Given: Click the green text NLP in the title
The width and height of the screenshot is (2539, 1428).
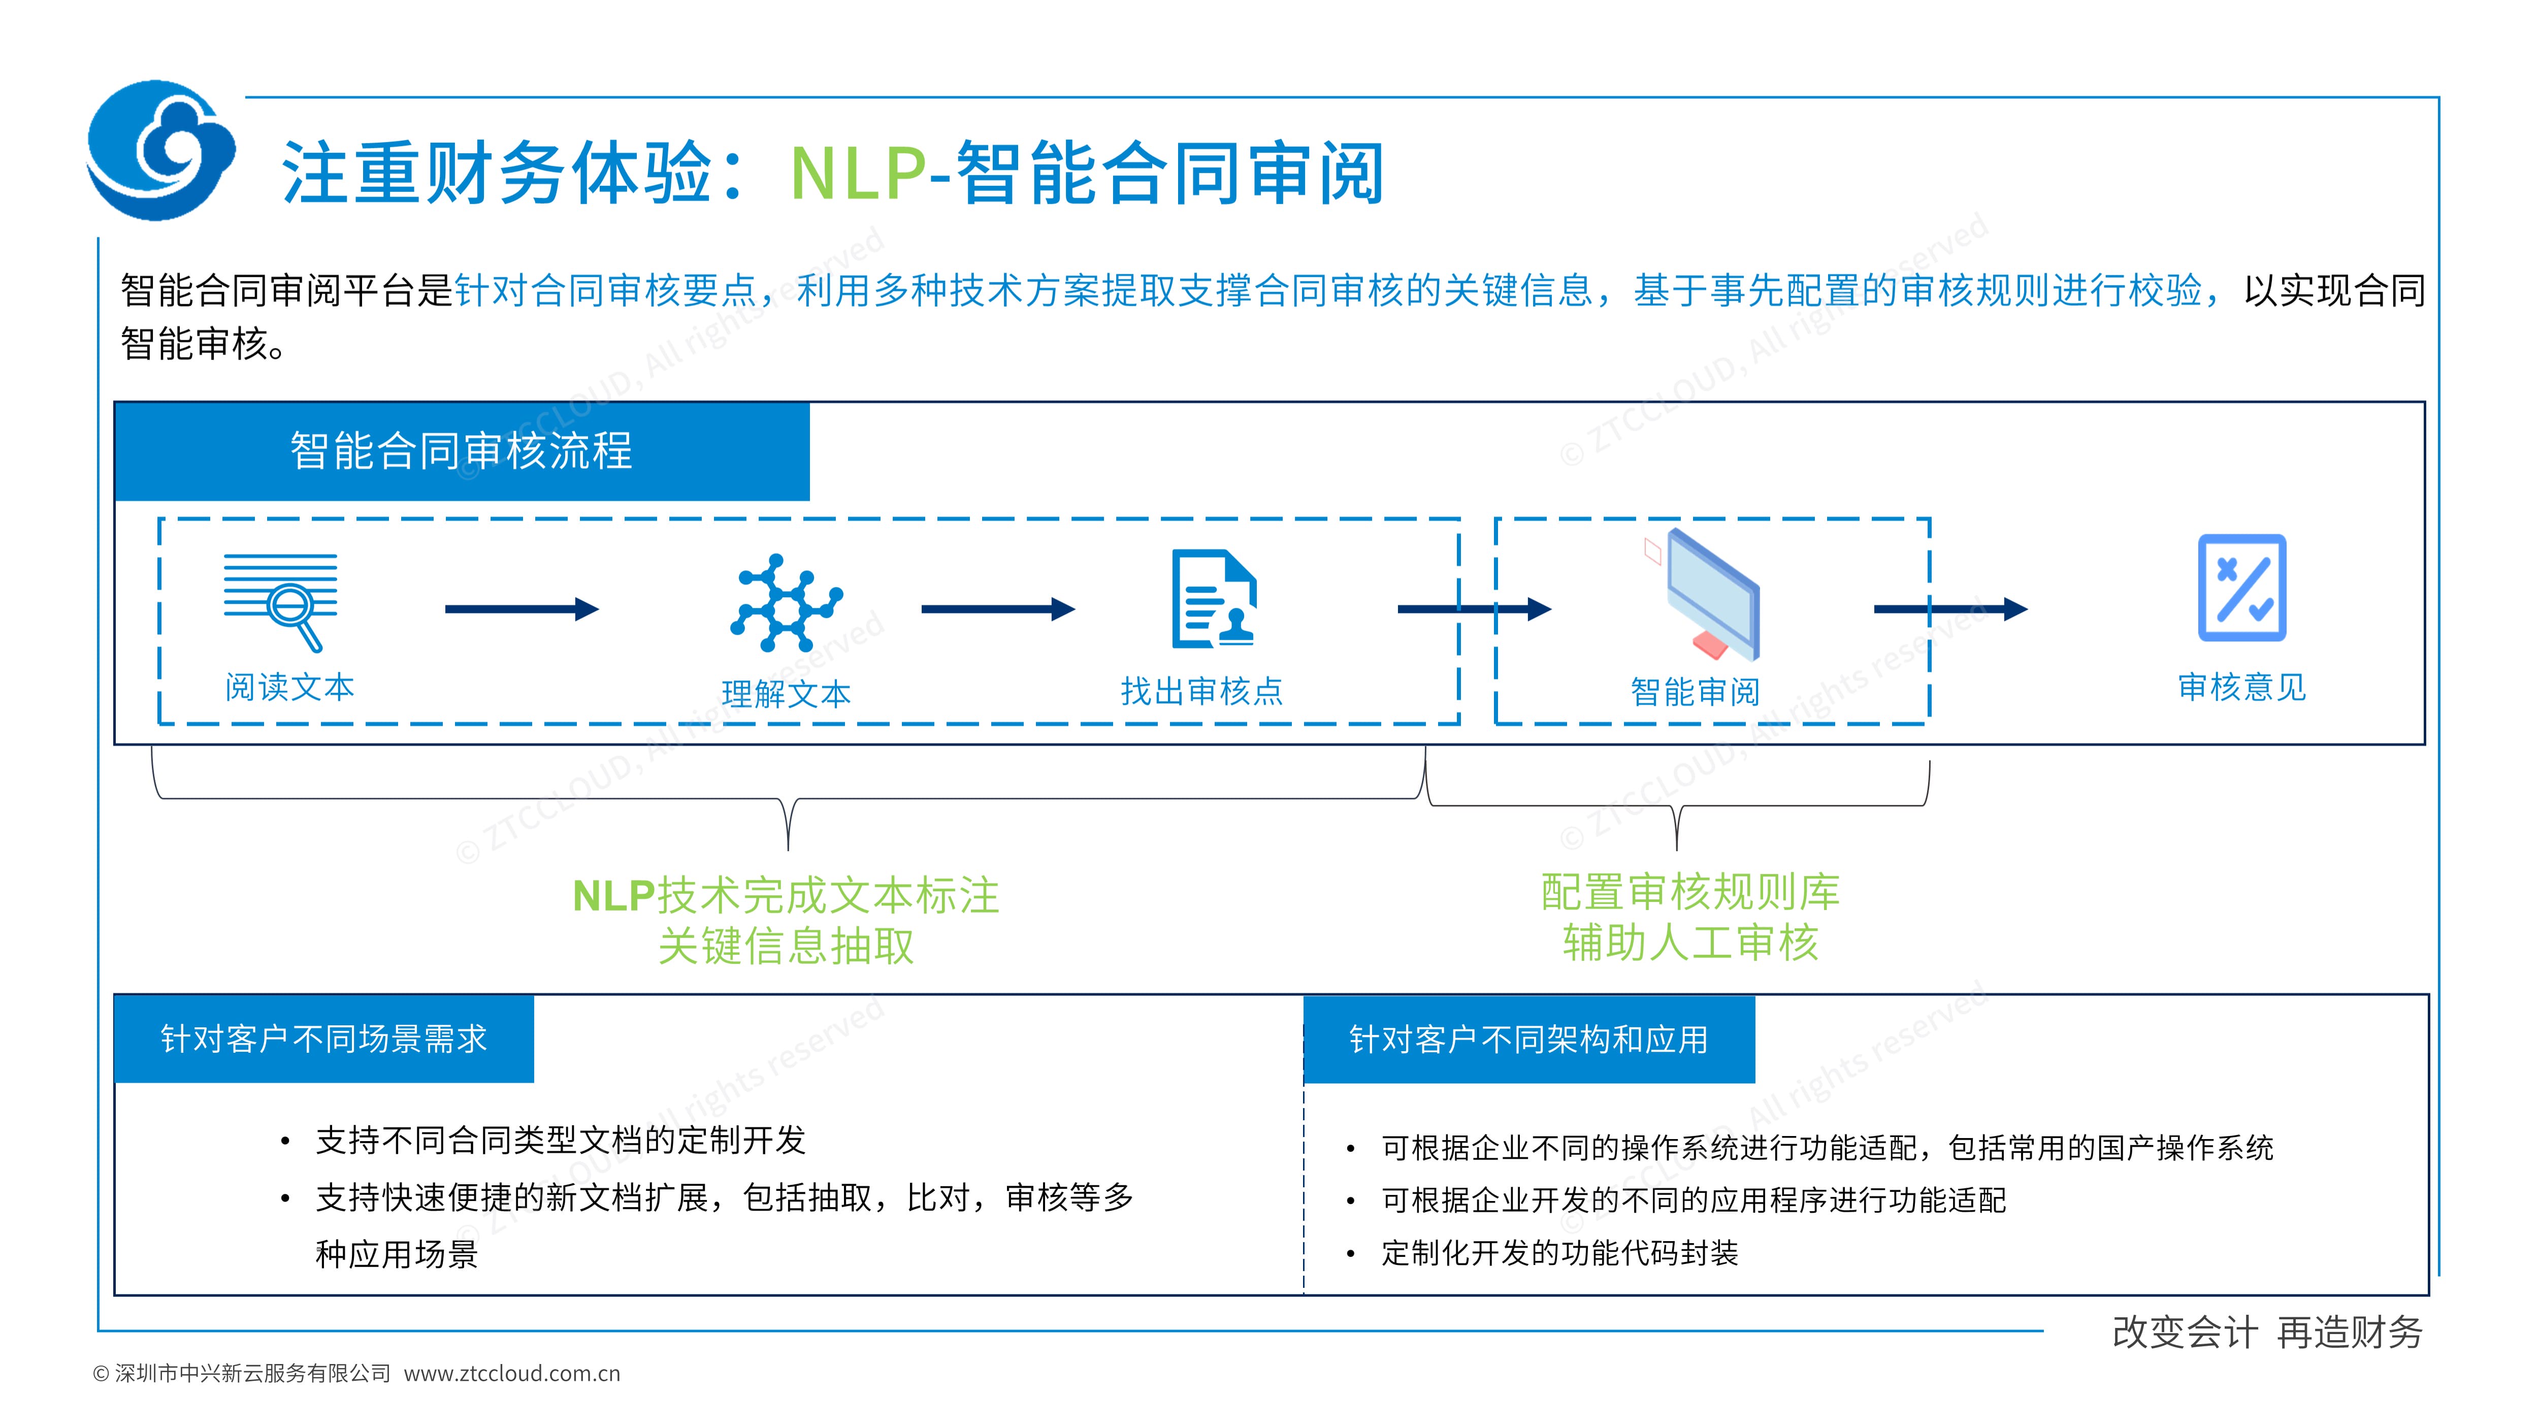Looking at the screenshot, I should (x=858, y=174).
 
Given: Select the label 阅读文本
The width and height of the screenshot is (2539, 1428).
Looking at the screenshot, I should (x=289, y=687).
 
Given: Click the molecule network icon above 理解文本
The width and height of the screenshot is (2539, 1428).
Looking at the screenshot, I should (x=786, y=603).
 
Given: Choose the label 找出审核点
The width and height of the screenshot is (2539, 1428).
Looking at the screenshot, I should (x=1201, y=691).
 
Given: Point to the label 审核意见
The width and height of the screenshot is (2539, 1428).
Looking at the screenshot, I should (x=2241, y=687).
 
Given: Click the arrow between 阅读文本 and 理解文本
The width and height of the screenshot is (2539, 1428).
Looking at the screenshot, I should (x=522, y=609).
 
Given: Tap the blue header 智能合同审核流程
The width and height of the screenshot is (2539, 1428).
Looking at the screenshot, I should (x=461, y=451).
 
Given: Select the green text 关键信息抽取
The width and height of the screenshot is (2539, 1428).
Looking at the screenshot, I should (x=786, y=946).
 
